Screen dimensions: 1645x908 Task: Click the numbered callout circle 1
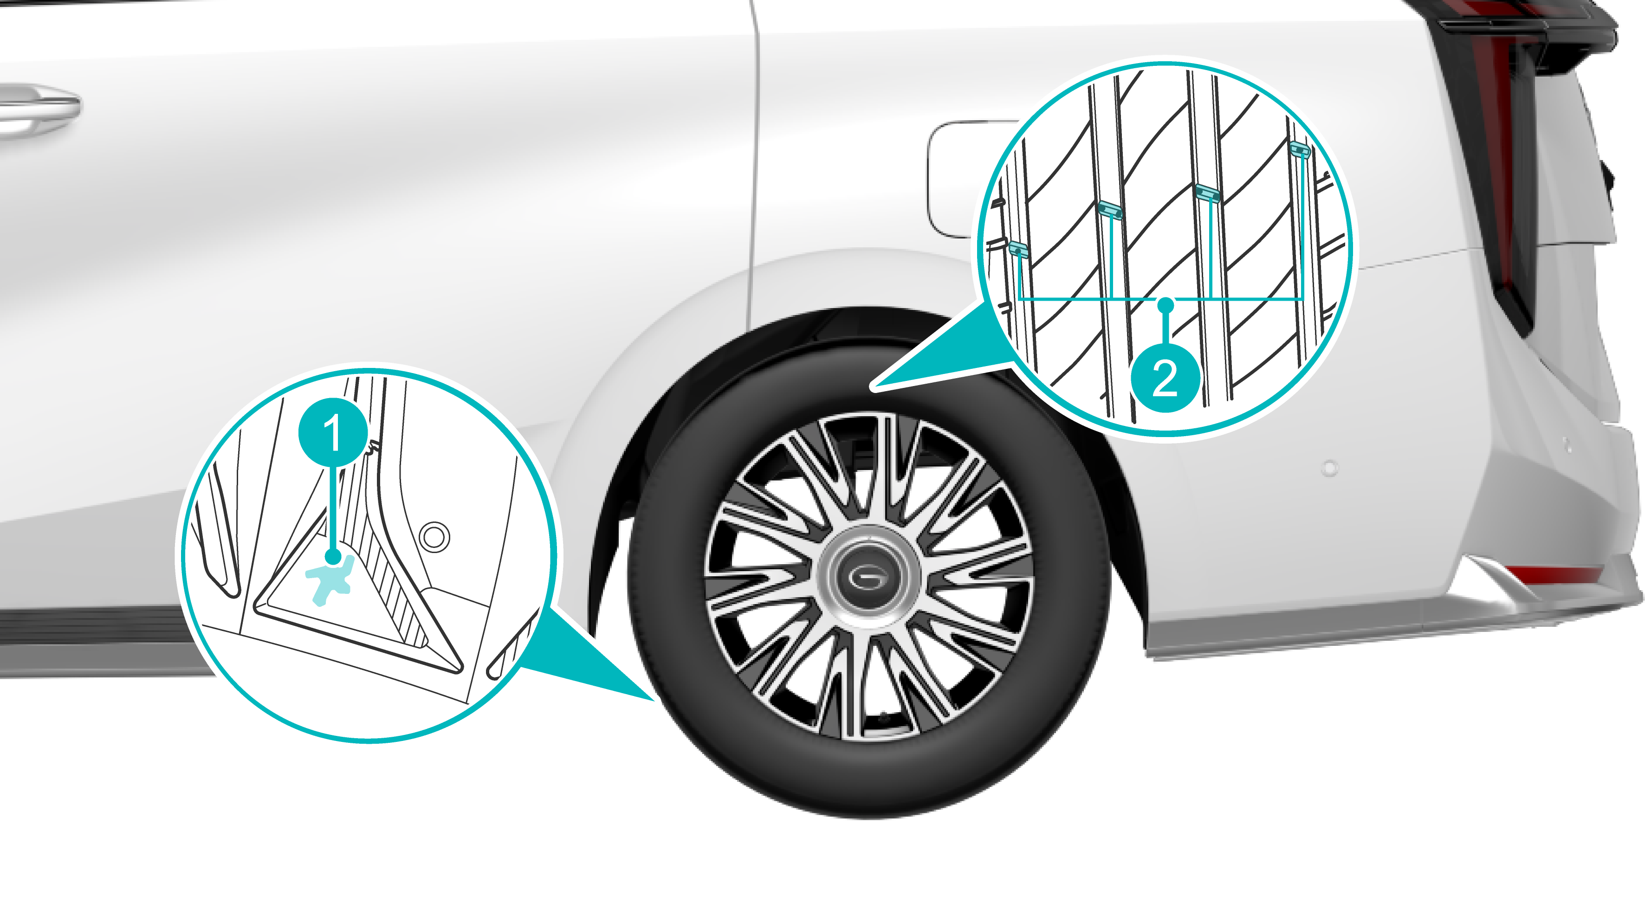(x=333, y=433)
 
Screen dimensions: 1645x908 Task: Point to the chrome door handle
(x=35, y=109)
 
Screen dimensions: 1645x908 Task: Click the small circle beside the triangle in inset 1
(x=434, y=536)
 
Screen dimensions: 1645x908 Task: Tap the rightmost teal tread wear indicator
(x=1300, y=149)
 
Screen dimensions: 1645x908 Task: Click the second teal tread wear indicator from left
(x=1110, y=209)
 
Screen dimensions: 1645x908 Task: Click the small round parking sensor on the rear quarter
(x=1330, y=469)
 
